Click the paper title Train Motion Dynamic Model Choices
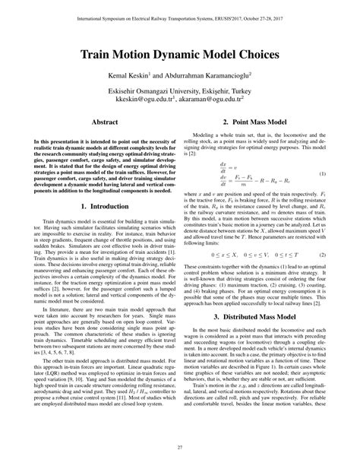(x=180, y=57)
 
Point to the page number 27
(x=180, y=447)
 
